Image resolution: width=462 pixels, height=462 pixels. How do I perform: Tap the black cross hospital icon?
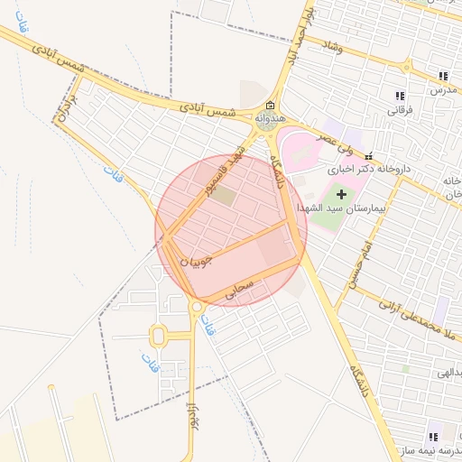[341, 194]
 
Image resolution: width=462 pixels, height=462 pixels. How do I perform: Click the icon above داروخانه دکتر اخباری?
[368, 156]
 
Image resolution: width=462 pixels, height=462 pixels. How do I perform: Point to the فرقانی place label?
[399, 109]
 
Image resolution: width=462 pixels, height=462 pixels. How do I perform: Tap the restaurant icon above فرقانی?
[399, 96]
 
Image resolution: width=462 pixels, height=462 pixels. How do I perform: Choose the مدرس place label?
[443, 90]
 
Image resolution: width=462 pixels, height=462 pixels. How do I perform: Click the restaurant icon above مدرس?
[442, 77]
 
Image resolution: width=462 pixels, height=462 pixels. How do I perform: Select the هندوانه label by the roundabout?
[270, 118]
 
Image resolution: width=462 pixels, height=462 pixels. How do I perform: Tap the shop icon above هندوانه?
[270, 106]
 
